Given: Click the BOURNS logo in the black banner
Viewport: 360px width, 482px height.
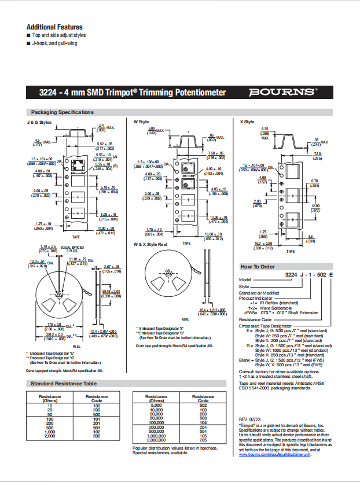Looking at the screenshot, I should click(283, 92).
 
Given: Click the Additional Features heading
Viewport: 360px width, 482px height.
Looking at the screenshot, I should click(54, 27).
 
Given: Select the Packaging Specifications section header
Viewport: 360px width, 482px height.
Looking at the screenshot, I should click(62, 112).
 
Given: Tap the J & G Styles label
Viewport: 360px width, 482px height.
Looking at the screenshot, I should click(39, 123).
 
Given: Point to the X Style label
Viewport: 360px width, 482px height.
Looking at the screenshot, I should click(247, 122).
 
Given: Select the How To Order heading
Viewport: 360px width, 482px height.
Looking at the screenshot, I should click(258, 266).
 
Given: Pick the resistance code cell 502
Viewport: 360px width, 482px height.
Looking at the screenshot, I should click(203, 406).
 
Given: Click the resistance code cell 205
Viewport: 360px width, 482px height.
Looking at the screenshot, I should click(203, 440).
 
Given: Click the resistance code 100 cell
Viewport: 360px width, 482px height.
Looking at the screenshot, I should click(97, 406).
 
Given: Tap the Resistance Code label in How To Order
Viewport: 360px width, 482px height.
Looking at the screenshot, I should click(255, 319).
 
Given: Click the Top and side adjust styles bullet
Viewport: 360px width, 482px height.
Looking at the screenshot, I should click(58, 35).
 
